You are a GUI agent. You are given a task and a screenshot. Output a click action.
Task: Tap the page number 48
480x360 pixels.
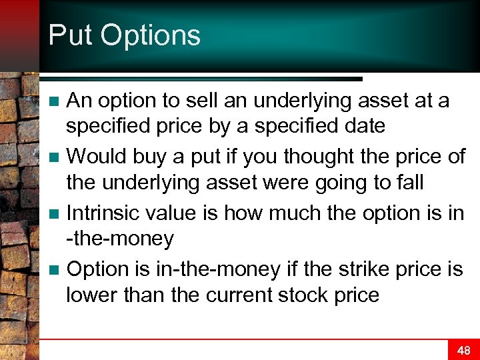click(x=463, y=350)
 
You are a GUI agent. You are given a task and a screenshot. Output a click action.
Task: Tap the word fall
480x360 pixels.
click(x=409, y=181)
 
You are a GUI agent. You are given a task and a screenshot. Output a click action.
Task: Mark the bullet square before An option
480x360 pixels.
click(x=56, y=102)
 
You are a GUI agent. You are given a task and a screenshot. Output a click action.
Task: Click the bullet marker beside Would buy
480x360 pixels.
click(x=56, y=158)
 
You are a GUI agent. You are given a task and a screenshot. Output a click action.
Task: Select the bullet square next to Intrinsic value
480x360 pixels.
click(x=56, y=214)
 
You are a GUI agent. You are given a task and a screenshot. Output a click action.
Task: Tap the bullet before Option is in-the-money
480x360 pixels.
click(x=56, y=270)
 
